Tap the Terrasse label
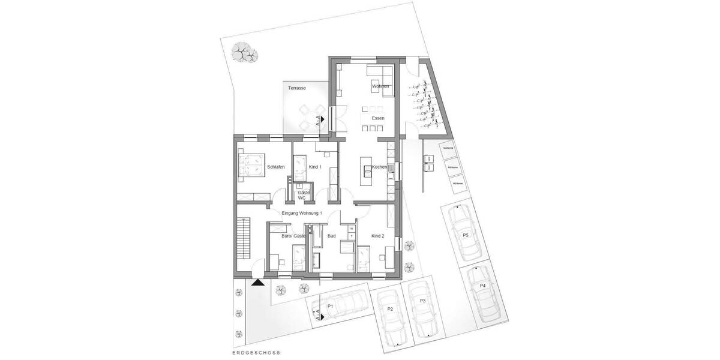pyautogui.click(x=297, y=88)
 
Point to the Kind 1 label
pyautogui.click(x=315, y=167)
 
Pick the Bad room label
pyautogui.click(x=331, y=236)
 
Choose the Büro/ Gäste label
pyautogui.click(x=293, y=236)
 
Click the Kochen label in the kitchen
pyautogui.click(x=379, y=167)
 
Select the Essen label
pyautogui.click(x=378, y=118)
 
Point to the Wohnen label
pyautogui.click(x=380, y=87)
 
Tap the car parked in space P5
pyautogui.click(x=463, y=231)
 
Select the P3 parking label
pyautogui.click(x=422, y=301)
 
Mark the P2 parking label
pyautogui.click(x=389, y=309)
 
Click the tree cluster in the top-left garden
pyautogui.click(x=244, y=52)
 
